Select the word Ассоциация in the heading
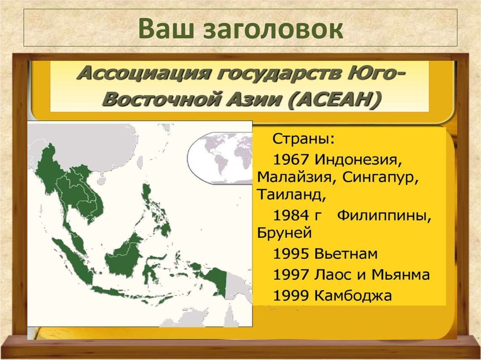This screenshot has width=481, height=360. pos(125,74)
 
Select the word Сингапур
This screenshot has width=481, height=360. pos(380,177)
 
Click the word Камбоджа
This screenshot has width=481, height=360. pos(352,296)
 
